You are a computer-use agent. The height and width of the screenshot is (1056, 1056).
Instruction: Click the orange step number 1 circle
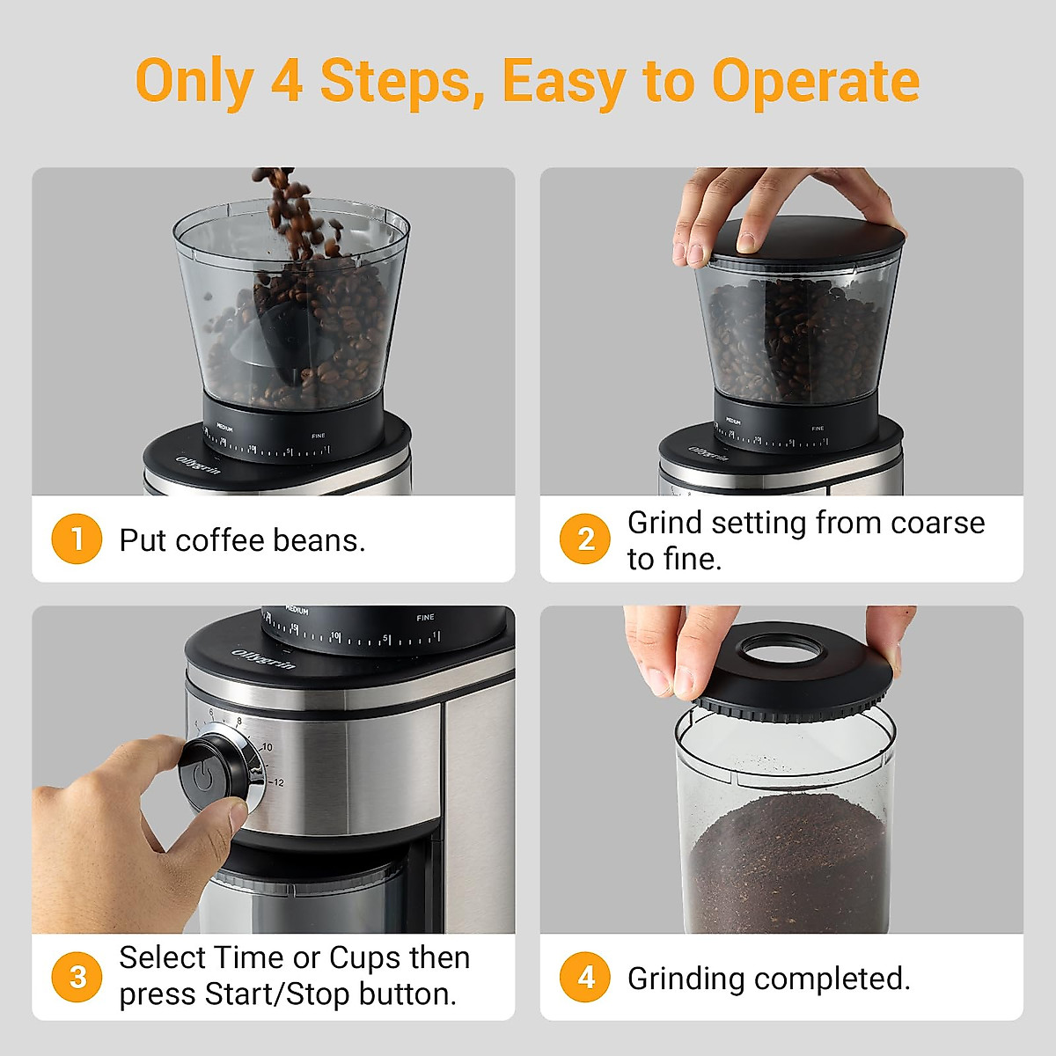point(77,539)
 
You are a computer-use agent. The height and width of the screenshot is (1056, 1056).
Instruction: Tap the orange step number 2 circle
point(585,539)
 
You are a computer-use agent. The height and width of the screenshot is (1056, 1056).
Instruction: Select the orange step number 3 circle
point(77,977)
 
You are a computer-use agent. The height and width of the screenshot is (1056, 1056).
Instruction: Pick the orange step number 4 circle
point(585,977)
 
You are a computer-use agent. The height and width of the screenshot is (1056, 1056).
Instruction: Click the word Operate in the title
point(815,82)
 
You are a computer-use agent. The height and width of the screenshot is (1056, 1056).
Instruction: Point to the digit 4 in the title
point(287,82)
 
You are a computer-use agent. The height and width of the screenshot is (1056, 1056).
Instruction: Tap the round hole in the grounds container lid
point(780,651)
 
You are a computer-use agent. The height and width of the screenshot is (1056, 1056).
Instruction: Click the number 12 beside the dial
point(278,782)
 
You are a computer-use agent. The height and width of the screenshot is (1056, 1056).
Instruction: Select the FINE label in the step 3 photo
point(425,618)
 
